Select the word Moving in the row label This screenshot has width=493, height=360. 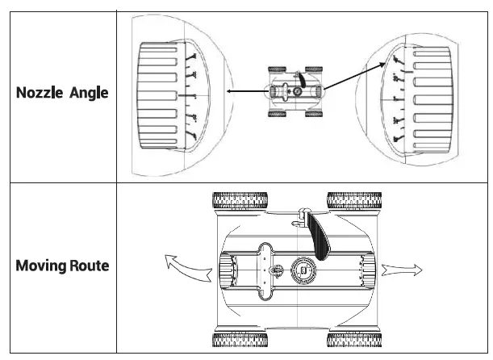tap(41, 266)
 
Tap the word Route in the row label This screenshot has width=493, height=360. tap(89, 266)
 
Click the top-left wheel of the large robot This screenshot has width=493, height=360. tap(240, 201)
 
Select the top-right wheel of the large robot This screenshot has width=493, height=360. tap(354, 201)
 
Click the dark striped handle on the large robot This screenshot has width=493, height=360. tap(317, 237)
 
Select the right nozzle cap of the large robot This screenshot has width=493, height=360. tap(368, 268)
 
